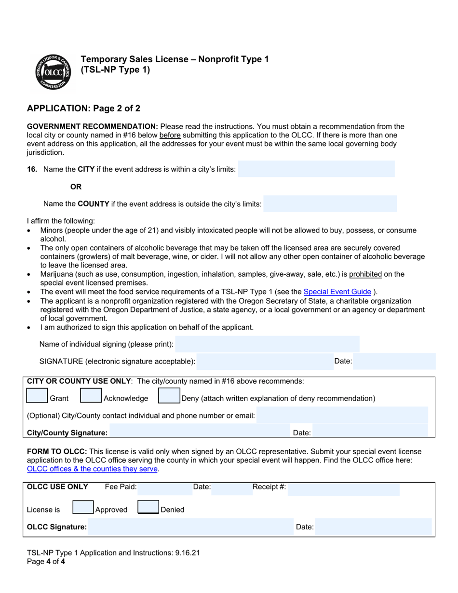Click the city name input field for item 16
click(316, 169)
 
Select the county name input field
click(330, 204)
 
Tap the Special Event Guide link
click(337, 291)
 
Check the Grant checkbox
click(37, 396)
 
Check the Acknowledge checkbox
click(91, 396)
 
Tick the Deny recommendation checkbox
click(169, 396)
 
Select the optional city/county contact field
click(342, 415)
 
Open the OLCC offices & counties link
click(92, 469)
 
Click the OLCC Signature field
click(190, 527)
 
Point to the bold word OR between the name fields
click(76, 187)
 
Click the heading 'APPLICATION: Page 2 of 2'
click(83, 108)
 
